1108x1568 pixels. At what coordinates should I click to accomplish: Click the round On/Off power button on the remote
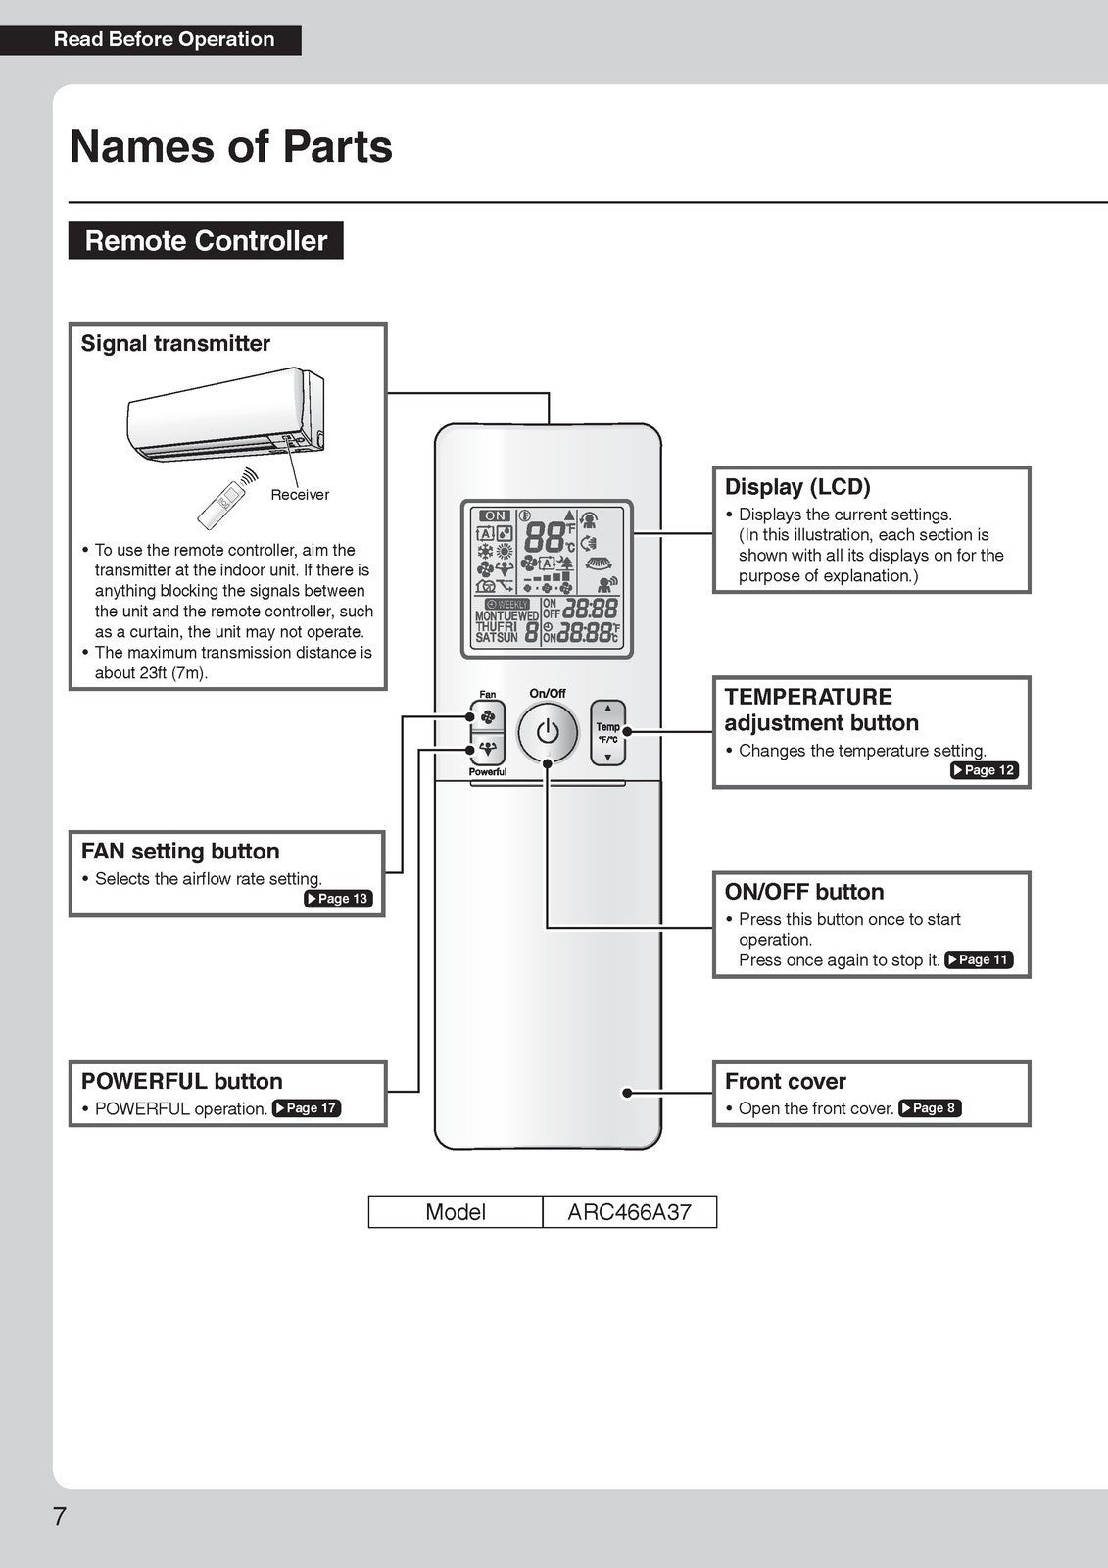pyautogui.click(x=548, y=732)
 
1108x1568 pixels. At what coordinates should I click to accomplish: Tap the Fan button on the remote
pyautogui.click(x=487, y=717)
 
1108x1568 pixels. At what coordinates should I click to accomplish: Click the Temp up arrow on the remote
pyautogui.click(x=608, y=708)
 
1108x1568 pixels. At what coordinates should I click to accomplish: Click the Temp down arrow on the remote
pyautogui.click(x=608, y=757)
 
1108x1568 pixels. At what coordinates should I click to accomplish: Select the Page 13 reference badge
pyautogui.click(x=338, y=899)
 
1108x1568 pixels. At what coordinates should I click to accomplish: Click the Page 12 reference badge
pyautogui.click(x=985, y=770)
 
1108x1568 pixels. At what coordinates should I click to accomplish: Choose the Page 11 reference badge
pyautogui.click(x=979, y=960)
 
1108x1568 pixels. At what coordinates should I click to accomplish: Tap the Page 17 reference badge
pyautogui.click(x=307, y=1108)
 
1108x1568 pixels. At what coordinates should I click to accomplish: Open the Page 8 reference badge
pyautogui.click(x=930, y=1108)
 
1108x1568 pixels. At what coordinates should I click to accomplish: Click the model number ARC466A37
pyautogui.click(x=629, y=1212)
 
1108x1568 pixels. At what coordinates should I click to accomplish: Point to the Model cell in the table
pyautogui.click(x=456, y=1212)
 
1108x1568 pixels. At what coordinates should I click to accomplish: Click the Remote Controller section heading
pyautogui.click(x=206, y=241)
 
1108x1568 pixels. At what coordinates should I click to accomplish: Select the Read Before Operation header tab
pyautogui.click(x=164, y=40)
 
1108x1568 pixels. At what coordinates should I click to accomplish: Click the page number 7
pyautogui.click(x=60, y=1516)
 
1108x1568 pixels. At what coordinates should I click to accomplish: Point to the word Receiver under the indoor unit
pyautogui.click(x=300, y=495)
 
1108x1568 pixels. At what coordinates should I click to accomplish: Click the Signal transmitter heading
pyautogui.click(x=175, y=344)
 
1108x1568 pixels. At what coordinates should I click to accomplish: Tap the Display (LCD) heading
pyautogui.click(x=797, y=487)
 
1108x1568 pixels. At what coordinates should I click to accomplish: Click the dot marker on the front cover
pyautogui.click(x=626, y=1092)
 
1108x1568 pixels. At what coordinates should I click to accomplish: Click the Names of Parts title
pyautogui.click(x=231, y=147)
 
